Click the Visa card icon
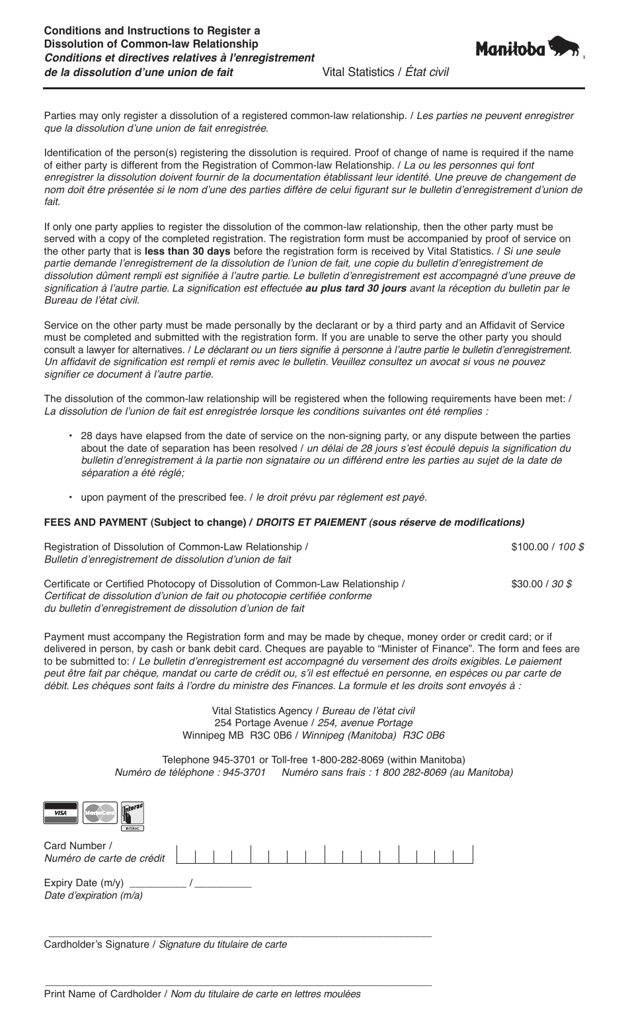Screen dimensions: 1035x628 click(61, 812)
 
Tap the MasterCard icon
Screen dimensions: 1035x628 click(99, 812)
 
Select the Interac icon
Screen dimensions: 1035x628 click(133, 815)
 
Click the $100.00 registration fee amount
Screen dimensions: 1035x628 click(532, 547)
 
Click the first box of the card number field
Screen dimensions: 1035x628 click(186, 855)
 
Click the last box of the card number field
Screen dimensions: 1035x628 click(464, 855)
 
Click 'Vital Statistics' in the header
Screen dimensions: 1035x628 click(358, 72)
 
